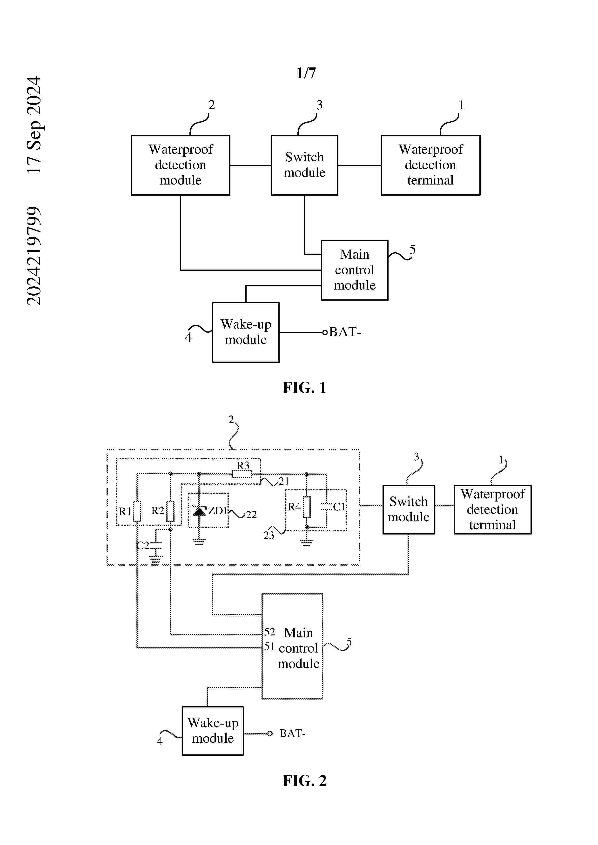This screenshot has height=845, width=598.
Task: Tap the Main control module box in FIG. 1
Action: [x=355, y=270]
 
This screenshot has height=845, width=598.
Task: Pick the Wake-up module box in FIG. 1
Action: [x=246, y=332]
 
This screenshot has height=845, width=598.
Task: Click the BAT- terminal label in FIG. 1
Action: [x=345, y=332]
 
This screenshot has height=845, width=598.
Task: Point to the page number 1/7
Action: [x=306, y=73]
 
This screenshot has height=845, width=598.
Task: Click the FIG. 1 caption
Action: [x=304, y=388]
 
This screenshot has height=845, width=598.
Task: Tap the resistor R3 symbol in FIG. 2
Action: [x=242, y=474]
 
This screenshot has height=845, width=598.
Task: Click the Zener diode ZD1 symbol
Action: [x=199, y=511]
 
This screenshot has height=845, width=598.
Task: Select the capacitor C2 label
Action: [x=142, y=545]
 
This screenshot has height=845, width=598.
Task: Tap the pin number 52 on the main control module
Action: [x=269, y=632]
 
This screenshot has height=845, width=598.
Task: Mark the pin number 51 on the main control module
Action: [x=269, y=646]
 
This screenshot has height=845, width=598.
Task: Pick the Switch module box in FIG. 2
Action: [x=408, y=509]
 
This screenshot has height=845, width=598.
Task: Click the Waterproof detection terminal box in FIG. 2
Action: [x=492, y=509]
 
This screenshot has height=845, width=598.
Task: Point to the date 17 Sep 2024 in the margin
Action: [x=34, y=125]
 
